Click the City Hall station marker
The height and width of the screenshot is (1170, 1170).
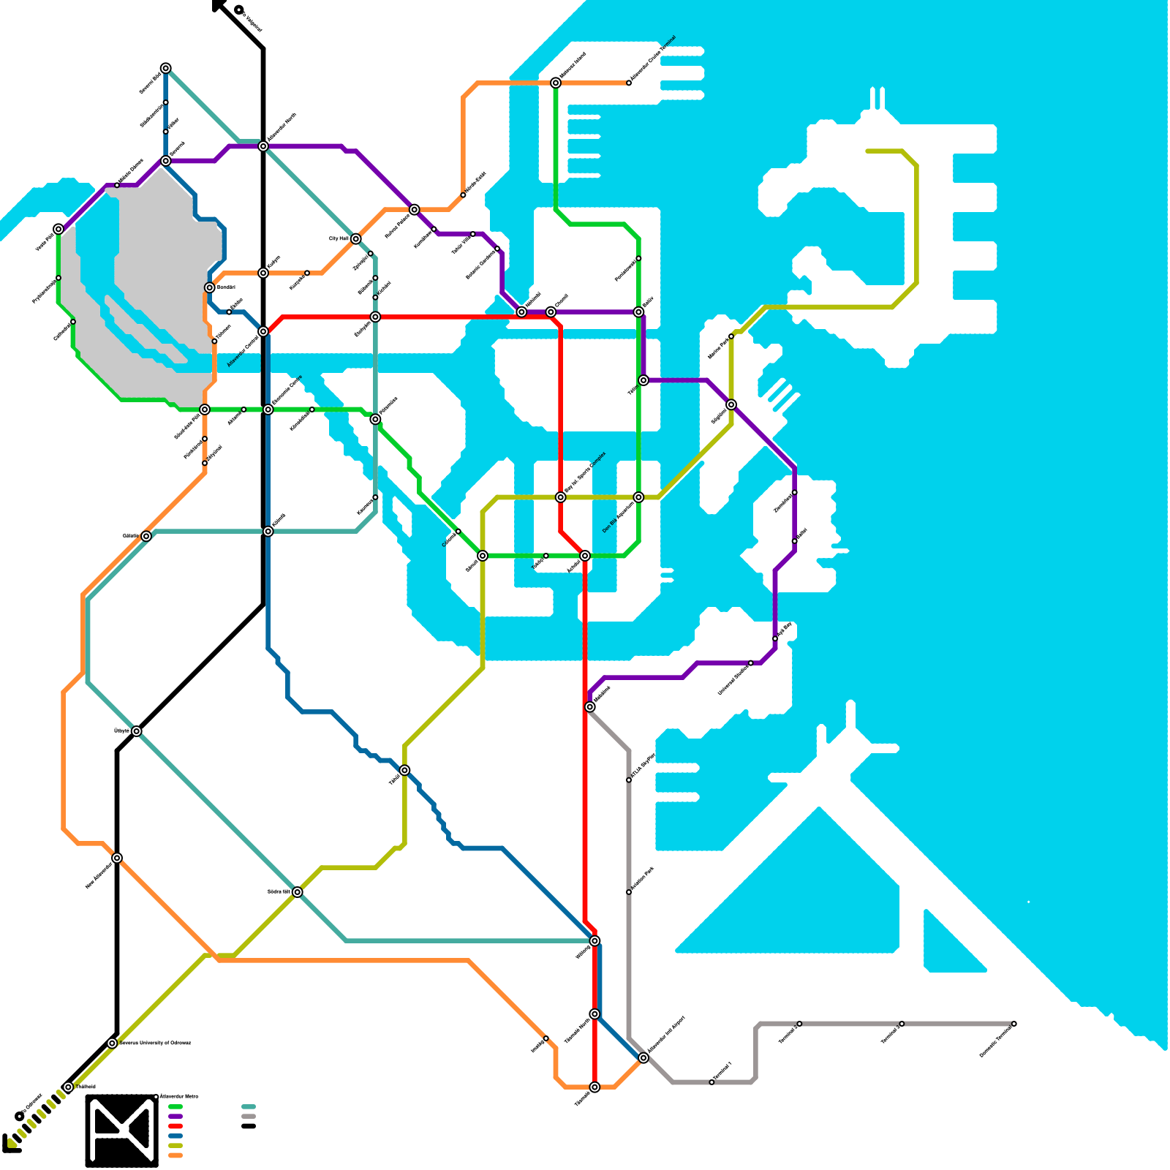click(355, 239)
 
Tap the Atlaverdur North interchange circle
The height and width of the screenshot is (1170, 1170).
click(263, 146)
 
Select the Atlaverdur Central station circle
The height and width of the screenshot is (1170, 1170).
click(263, 332)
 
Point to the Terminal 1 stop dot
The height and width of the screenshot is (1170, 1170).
click(712, 1082)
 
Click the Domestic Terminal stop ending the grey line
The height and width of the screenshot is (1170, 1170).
click(1014, 1024)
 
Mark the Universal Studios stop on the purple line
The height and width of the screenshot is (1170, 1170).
click(750, 663)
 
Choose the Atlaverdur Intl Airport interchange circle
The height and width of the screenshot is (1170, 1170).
click(643, 1058)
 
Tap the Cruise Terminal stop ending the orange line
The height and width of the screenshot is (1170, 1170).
click(629, 83)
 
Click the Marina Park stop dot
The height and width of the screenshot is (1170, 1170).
click(731, 336)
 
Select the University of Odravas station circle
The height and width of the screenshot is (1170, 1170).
click(112, 1043)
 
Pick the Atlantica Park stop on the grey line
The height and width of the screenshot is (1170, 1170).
click(629, 892)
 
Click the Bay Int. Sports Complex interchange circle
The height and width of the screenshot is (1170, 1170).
click(561, 497)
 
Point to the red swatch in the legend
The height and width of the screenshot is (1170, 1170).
click(175, 1126)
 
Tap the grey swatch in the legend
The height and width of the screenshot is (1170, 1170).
click(249, 1117)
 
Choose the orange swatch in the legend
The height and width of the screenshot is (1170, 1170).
click(175, 1155)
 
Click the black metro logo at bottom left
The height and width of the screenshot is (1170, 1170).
click(121, 1130)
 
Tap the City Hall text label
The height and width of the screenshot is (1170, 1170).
click(339, 238)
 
